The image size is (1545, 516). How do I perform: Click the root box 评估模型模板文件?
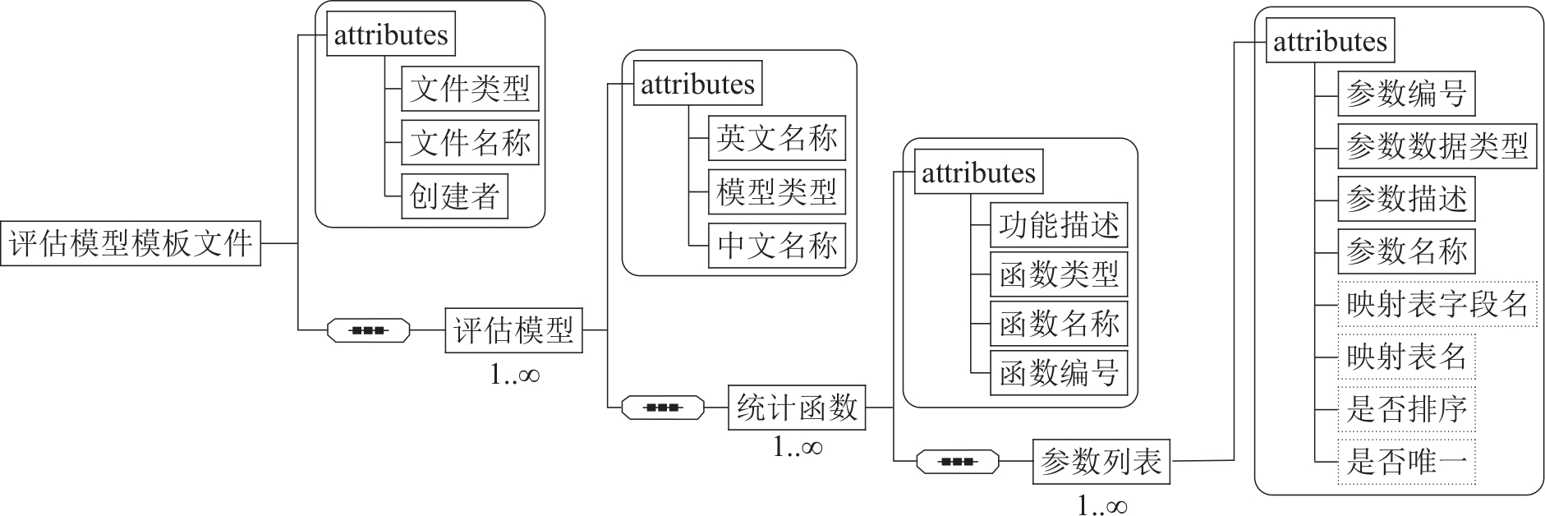[x=131, y=243]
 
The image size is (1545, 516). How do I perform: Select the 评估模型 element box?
[x=513, y=330]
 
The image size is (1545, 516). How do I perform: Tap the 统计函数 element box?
[x=797, y=408]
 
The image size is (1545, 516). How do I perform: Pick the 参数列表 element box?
[x=1101, y=462]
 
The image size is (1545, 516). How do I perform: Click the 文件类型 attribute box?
[x=470, y=89]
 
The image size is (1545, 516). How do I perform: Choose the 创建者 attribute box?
[x=454, y=196]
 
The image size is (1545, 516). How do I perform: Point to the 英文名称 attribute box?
[x=776, y=138]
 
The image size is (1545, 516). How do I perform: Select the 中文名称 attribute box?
[x=776, y=246]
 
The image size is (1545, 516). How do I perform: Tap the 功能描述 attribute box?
[x=1059, y=225]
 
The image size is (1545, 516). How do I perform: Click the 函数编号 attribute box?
[x=1059, y=374]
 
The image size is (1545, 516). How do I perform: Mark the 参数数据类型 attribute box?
[x=1437, y=146]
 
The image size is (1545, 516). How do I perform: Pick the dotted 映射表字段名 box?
[x=1437, y=305]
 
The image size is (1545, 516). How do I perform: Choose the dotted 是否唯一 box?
[x=1406, y=462]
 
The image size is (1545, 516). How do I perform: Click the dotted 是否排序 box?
[x=1406, y=409]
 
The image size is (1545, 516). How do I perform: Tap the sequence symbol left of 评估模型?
[x=368, y=330]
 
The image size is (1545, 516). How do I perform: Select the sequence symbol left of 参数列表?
[x=957, y=462]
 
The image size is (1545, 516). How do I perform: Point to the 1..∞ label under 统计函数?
[x=797, y=447]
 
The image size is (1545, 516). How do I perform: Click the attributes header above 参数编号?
[x=1330, y=41]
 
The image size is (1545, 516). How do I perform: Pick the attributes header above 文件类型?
[x=391, y=35]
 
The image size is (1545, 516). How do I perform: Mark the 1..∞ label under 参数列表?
[x=1101, y=505]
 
